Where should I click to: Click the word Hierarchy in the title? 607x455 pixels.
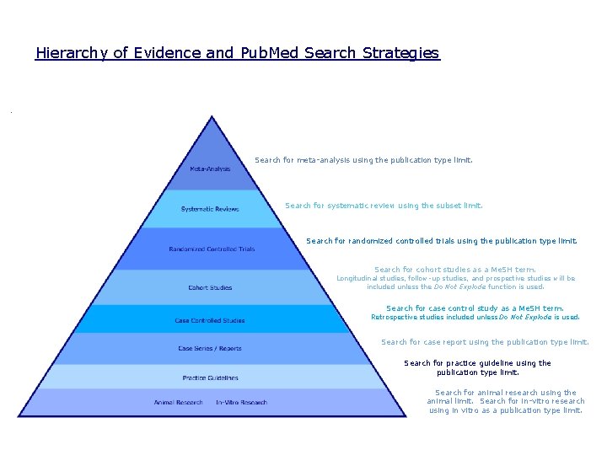point(72,53)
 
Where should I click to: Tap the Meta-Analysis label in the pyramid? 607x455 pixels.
point(210,169)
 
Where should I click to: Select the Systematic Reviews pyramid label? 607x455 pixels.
point(210,209)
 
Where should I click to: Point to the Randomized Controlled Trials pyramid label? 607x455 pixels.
point(212,249)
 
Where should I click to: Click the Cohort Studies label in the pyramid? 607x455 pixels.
point(210,288)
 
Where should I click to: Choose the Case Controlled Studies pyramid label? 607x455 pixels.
point(210,320)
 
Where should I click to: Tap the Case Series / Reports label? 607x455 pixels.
point(210,348)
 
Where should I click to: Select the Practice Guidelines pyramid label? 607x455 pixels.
point(210,377)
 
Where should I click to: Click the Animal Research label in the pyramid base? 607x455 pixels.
point(178,402)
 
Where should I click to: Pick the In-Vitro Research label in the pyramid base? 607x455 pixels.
point(241,402)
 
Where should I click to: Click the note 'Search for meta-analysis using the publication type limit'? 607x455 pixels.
point(363,159)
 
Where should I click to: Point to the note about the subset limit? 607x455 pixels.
point(384,205)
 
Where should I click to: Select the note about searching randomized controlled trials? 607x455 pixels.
point(442,240)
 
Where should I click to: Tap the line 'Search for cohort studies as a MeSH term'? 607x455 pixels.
point(455,270)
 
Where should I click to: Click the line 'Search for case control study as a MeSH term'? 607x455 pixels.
point(475,308)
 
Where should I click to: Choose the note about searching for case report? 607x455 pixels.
point(485,342)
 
